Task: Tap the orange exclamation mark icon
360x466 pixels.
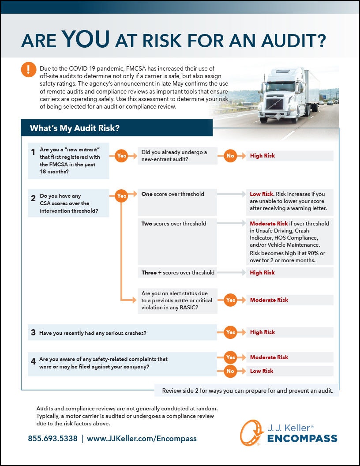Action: click(29, 70)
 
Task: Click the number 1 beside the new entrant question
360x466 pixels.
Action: click(33, 152)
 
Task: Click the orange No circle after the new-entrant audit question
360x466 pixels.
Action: click(230, 155)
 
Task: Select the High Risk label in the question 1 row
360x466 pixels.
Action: click(262, 155)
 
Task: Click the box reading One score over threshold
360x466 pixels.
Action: click(178, 194)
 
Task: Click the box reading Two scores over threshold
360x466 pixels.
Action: click(178, 224)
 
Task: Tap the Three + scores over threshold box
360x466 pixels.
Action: click(178, 272)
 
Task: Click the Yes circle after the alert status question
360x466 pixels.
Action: click(230, 300)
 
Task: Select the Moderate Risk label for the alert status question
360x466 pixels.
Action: click(269, 300)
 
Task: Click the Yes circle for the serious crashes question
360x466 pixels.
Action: click(230, 332)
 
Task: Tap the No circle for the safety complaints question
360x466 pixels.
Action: click(230, 371)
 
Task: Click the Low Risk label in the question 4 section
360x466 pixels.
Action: click(262, 371)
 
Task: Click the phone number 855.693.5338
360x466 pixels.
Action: click(52, 439)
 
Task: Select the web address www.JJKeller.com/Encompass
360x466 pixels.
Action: click(142, 439)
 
